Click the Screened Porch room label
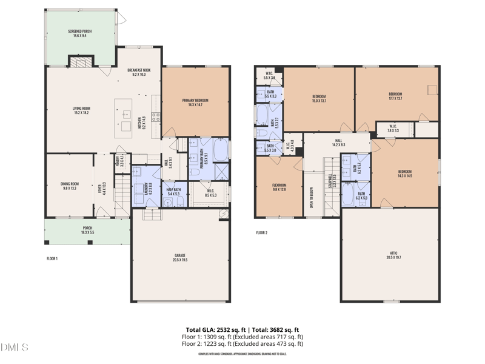coord(80,33)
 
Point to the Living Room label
coord(81,110)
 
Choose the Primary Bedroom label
coord(195,102)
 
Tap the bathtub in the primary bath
coord(221,150)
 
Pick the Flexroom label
coord(278,187)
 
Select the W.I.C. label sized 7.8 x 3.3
coord(393,129)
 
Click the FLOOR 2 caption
coord(261,232)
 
